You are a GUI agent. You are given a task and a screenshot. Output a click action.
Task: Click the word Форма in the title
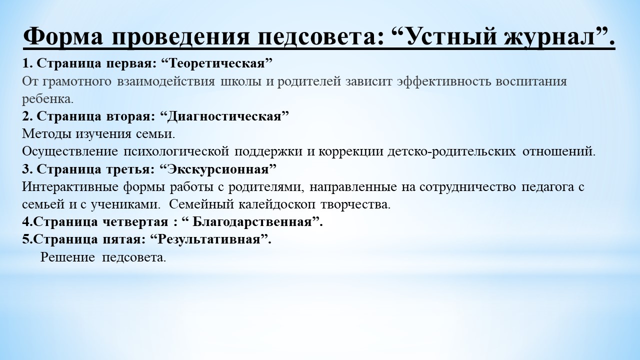pyautogui.click(x=63, y=36)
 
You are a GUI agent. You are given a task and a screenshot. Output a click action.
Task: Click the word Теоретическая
pyautogui.click(x=217, y=63)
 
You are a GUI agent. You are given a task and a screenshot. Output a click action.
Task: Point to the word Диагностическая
pyautogui.click(x=225, y=116)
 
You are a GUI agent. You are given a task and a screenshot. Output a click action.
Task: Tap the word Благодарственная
pyautogui.click(x=252, y=222)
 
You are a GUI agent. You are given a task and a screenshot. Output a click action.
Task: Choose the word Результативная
pyautogui.click(x=208, y=239)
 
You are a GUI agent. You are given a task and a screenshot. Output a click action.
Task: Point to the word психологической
pyautogui.click(x=176, y=151)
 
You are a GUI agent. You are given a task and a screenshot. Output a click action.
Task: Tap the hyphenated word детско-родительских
pyautogui.click(x=451, y=151)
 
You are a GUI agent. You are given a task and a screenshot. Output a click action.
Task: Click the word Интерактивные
pyautogui.click(x=70, y=187)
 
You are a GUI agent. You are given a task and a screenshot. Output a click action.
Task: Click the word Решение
pyautogui.click(x=67, y=257)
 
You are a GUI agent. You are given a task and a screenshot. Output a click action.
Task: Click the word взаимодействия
pyautogui.click(x=165, y=81)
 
